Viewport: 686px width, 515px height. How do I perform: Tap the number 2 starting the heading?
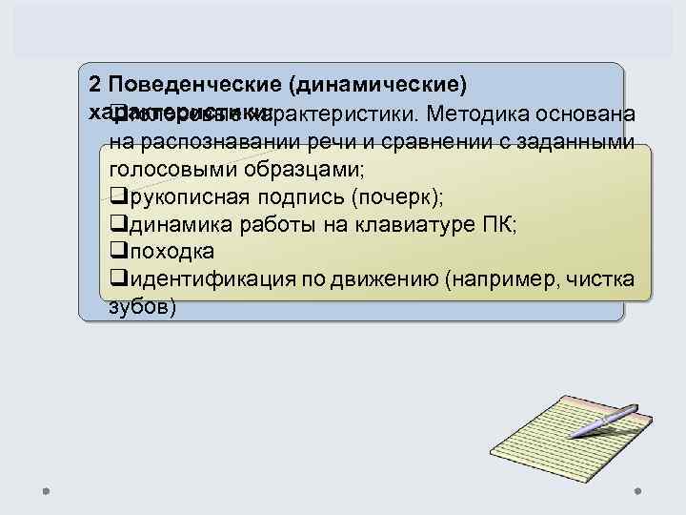click(x=92, y=84)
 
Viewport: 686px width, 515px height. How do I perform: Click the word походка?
click(x=171, y=253)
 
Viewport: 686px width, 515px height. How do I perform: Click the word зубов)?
click(x=143, y=308)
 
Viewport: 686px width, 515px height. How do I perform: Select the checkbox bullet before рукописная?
click(x=118, y=198)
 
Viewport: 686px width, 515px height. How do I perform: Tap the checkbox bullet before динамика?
click(x=118, y=226)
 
